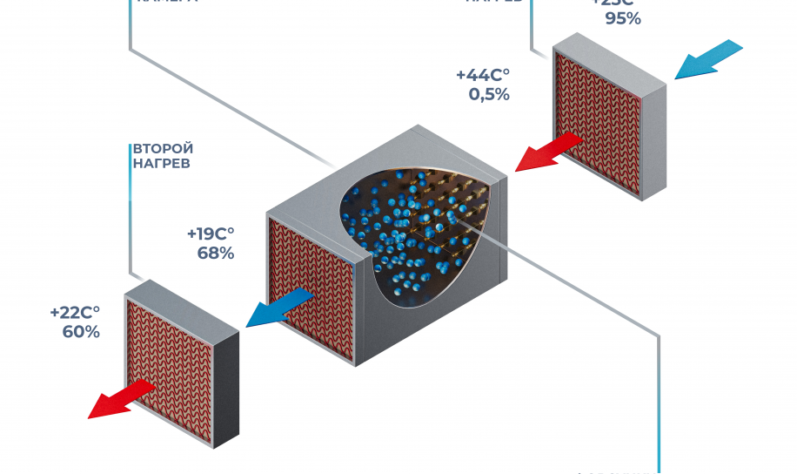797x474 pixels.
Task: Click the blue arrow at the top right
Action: (x=708, y=60)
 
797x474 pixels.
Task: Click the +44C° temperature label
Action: (x=483, y=76)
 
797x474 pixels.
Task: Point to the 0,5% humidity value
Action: (x=489, y=95)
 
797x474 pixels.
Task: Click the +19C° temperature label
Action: (x=211, y=234)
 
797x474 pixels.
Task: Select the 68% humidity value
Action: (x=216, y=254)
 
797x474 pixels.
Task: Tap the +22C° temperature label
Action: (x=75, y=312)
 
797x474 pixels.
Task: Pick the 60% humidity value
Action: (x=81, y=332)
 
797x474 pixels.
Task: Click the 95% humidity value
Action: (x=623, y=18)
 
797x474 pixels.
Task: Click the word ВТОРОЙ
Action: (x=162, y=148)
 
